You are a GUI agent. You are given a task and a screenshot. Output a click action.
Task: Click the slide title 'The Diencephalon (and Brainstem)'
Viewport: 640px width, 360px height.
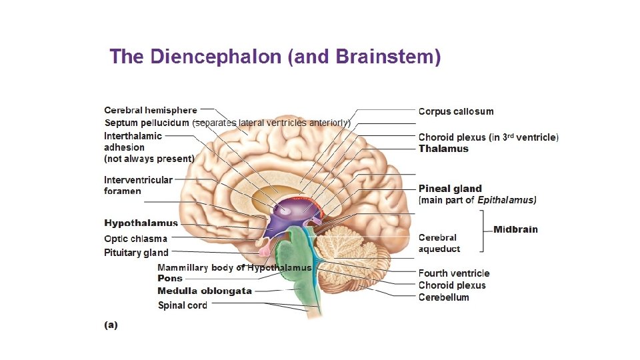click(x=275, y=57)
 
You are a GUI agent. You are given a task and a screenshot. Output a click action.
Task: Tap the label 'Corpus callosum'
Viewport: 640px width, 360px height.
click(x=456, y=111)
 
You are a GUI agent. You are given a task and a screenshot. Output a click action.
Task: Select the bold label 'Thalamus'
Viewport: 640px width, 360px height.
click(x=443, y=149)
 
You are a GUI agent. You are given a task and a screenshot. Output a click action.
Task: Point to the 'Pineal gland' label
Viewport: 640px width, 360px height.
click(x=450, y=189)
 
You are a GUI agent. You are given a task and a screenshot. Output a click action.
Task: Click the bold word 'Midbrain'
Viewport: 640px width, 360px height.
click(x=515, y=229)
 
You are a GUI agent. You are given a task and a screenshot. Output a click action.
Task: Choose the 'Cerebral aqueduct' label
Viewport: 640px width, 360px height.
click(x=439, y=243)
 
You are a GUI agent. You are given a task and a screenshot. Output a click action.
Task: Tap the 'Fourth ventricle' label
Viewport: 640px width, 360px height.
click(x=453, y=273)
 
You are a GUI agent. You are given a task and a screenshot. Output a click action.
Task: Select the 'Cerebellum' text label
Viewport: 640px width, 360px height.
click(x=443, y=297)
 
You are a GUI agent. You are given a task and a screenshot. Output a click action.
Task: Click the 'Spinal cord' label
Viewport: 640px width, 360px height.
click(x=182, y=305)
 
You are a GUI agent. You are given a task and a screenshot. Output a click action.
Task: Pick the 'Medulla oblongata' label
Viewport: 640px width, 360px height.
click(x=205, y=291)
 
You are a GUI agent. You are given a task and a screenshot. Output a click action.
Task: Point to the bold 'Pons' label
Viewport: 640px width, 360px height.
click(x=170, y=278)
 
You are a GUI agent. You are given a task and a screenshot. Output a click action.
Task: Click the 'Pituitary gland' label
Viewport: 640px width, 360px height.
click(x=136, y=253)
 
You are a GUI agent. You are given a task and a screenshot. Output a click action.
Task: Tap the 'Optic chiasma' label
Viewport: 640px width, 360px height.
click(x=135, y=239)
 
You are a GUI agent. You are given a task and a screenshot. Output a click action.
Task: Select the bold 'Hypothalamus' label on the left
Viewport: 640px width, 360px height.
click(x=141, y=223)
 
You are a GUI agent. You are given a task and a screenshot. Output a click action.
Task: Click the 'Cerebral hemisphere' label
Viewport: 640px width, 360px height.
click(x=151, y=110)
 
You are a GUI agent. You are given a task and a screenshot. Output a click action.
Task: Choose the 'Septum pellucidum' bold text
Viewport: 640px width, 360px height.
click(x=147, y=123)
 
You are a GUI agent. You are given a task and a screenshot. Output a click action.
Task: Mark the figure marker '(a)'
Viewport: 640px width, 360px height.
click(x=111, y=325)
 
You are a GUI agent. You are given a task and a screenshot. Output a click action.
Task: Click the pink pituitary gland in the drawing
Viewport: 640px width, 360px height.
click(x=264, y=251)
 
